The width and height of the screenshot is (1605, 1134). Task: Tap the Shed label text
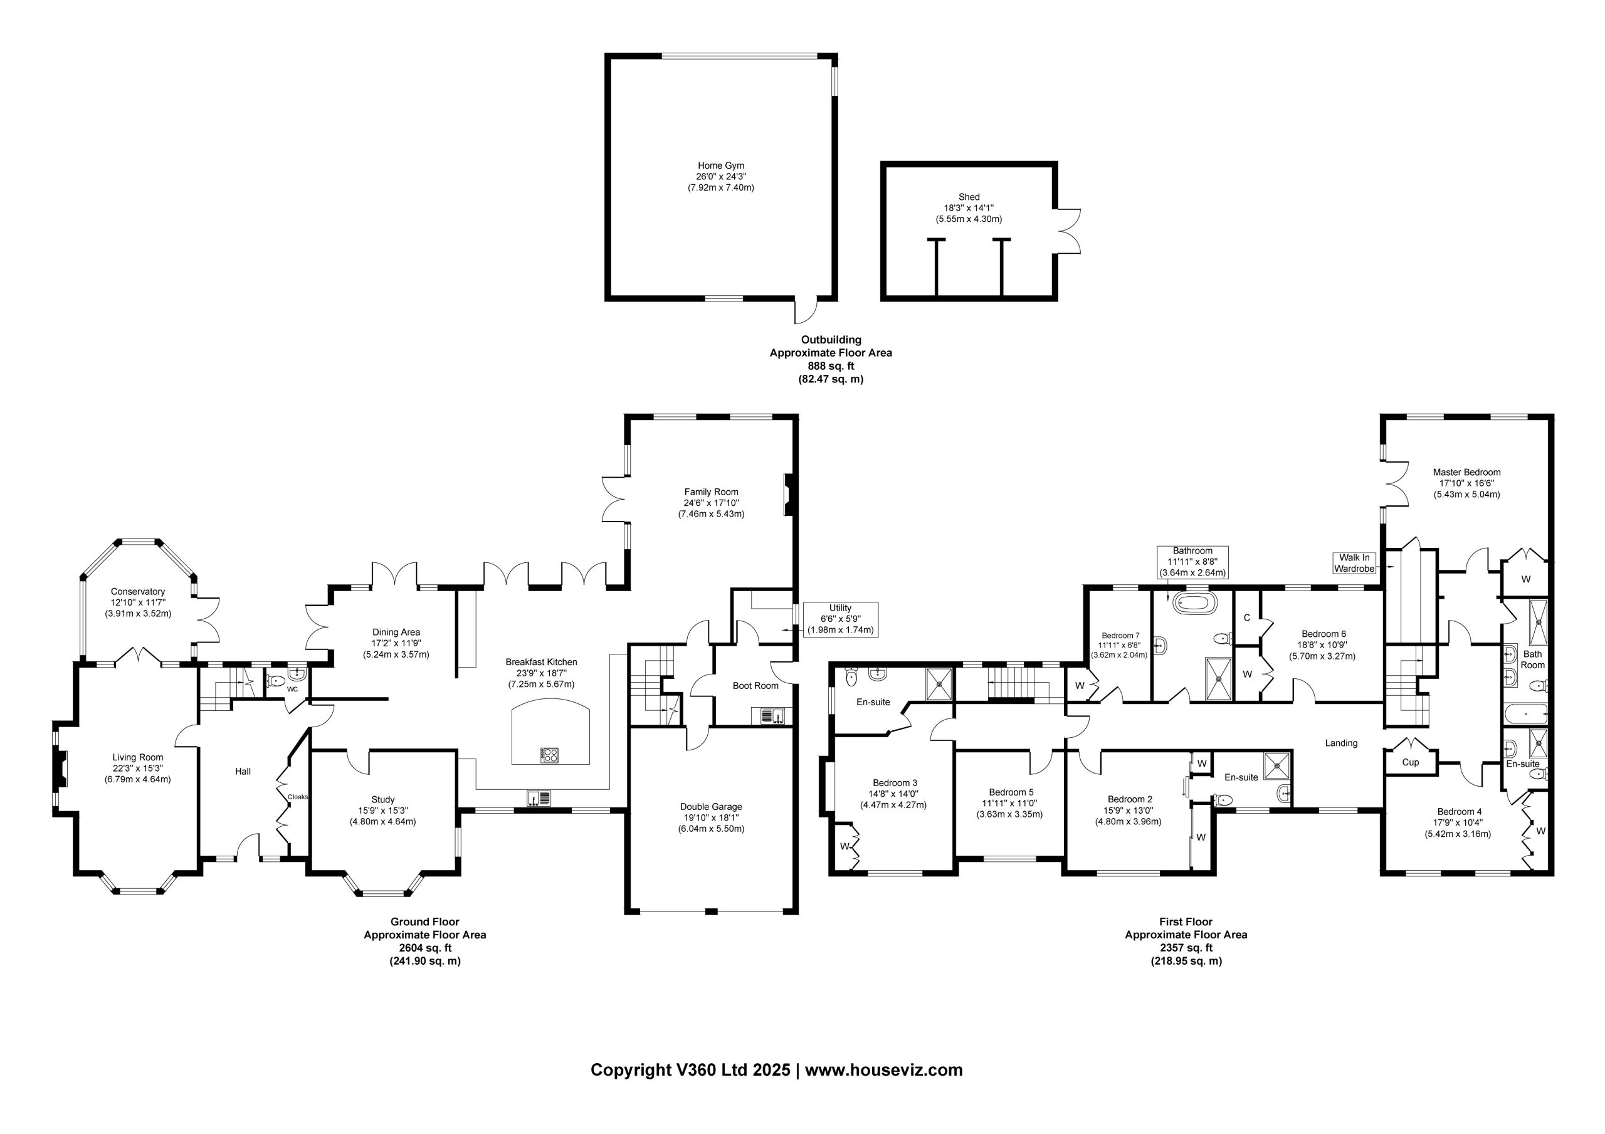[969, 197]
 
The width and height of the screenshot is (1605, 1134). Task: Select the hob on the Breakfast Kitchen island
[550, 755]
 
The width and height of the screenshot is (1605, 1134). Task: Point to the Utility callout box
[840, 619]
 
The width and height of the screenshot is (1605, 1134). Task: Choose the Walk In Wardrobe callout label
[1355, 563]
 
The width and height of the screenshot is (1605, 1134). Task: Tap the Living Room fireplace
[61, 770]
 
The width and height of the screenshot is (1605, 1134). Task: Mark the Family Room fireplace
[789, 495]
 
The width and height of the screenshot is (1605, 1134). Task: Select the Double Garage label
[711, 807]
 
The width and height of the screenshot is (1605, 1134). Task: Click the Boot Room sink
[768, 715]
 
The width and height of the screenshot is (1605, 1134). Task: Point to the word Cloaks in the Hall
[298, 797]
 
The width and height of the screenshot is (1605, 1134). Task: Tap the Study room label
[383, 799]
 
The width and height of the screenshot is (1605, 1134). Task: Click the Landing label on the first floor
[1342, 743]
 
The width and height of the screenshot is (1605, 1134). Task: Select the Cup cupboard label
[1411, 762]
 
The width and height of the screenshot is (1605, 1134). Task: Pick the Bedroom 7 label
[1120, 636]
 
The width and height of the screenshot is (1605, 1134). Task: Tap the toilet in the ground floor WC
[275, 679]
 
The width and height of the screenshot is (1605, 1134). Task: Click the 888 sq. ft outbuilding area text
[831, 365]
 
